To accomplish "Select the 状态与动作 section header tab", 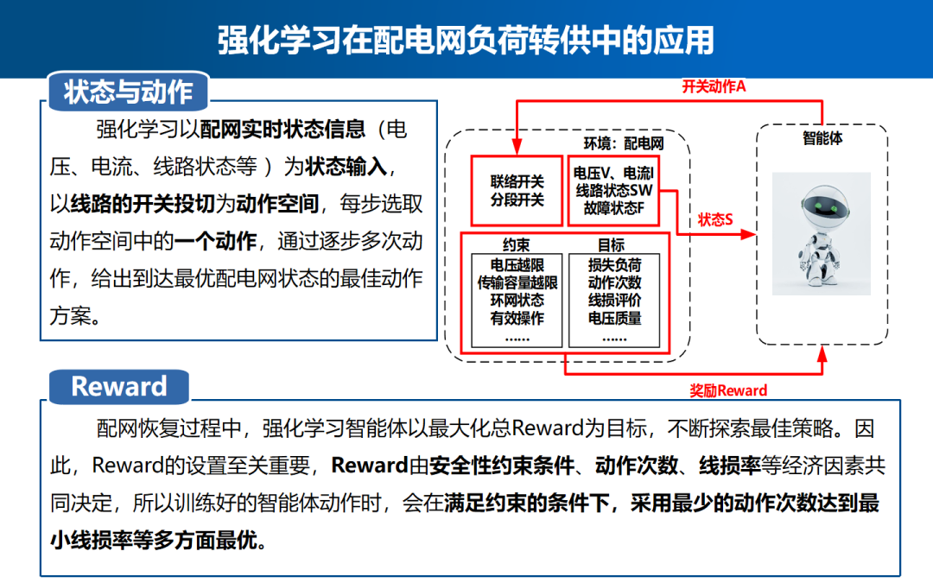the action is pos(128,92).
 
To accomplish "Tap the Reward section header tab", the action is pos(118,386).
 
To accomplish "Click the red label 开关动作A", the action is pos(714,86).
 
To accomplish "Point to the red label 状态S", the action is pos(715,219).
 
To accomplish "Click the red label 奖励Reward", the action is pos(727,390).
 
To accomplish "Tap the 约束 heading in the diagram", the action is pos(516,245).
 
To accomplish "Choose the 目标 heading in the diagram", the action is pos(612,245).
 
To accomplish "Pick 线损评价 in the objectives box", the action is pos(614,301).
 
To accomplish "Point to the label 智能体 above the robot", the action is pos(822,138).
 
